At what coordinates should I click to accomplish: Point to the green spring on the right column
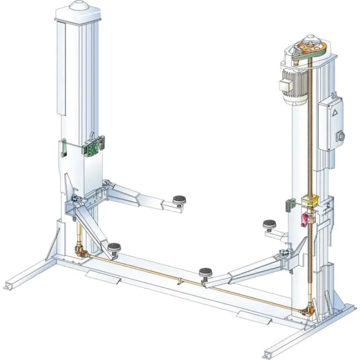288,204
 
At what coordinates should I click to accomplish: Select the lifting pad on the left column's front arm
114,248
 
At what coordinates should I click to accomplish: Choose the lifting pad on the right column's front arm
205,274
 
